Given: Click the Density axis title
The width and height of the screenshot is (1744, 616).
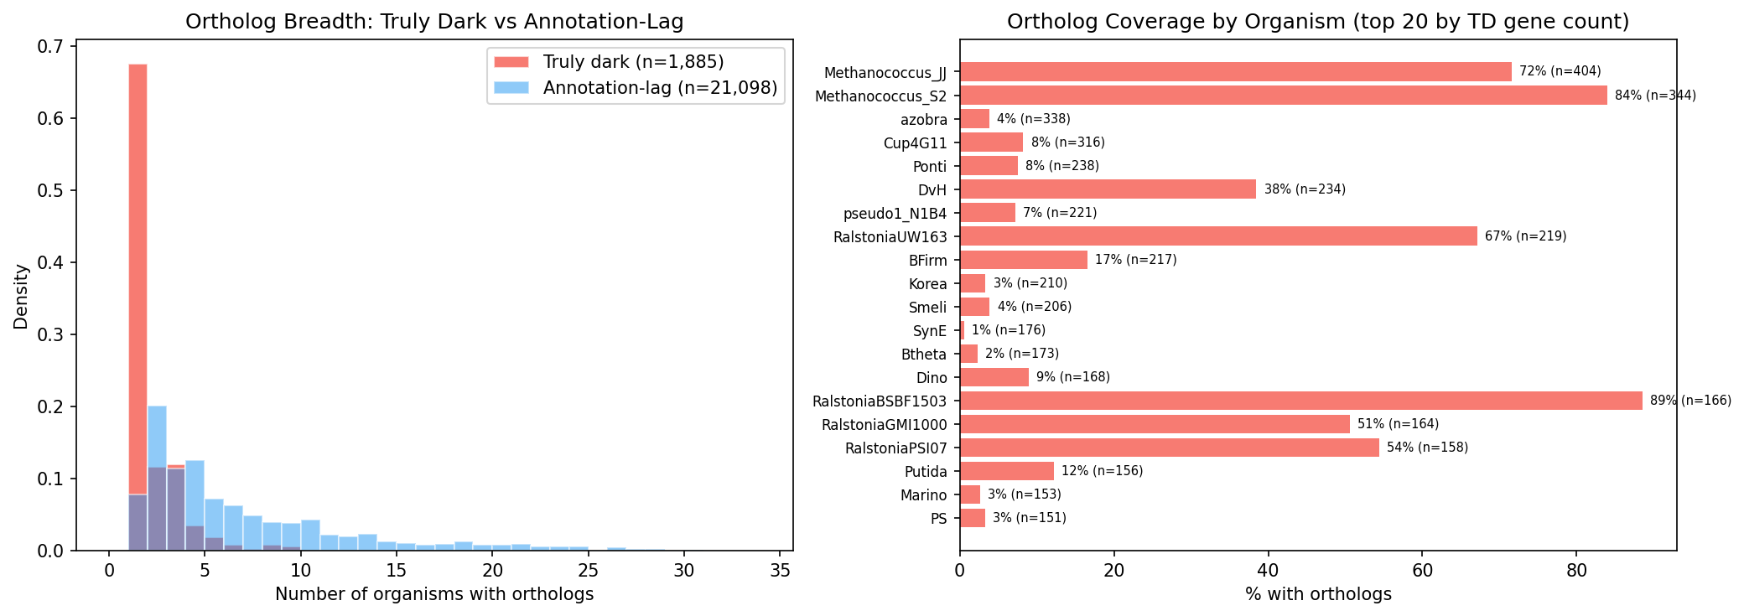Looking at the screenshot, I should tap(22, 296).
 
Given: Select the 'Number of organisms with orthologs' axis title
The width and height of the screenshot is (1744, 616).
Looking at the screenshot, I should tap(434, 595).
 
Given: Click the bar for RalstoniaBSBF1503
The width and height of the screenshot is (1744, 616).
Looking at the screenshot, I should tap(1300, 401).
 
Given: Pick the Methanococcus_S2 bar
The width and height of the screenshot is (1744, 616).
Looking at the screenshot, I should tap(1283, 96).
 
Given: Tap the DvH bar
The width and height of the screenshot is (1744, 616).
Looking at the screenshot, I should tap(1108, 189).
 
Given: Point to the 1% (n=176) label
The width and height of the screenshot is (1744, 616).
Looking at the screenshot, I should tap(1009, 330).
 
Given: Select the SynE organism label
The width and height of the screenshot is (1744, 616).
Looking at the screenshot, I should tap(929, 331).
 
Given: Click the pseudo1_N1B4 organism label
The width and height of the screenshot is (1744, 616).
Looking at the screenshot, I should tap(895, 214).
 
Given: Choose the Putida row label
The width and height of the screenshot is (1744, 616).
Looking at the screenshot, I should tap(925, 472).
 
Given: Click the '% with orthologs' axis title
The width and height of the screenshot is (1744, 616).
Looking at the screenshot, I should tap(1318, 595).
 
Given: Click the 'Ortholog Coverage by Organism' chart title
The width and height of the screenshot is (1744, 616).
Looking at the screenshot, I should tap(1318, 22).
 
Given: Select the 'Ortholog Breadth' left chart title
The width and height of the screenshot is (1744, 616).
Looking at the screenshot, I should tap(434, 22).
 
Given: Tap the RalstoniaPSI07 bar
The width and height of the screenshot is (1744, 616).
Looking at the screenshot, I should tap(1169, 448).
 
